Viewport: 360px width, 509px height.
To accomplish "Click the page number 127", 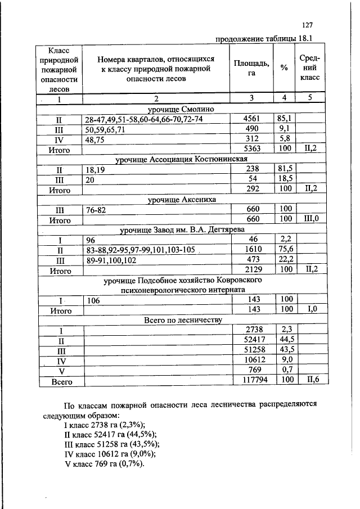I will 307,25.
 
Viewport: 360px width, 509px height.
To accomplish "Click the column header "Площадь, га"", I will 251,68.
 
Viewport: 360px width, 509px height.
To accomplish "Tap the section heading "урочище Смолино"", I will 182,109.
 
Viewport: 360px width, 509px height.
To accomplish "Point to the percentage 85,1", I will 284,120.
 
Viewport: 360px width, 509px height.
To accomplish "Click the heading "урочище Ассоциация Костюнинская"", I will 181,160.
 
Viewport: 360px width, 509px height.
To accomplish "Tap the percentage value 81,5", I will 284,170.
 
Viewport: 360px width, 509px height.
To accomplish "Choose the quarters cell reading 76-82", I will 96,210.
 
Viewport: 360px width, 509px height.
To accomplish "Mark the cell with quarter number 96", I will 91,240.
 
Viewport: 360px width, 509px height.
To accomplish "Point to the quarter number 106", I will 93,300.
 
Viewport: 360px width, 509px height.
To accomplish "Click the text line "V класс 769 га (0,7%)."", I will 104,465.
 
